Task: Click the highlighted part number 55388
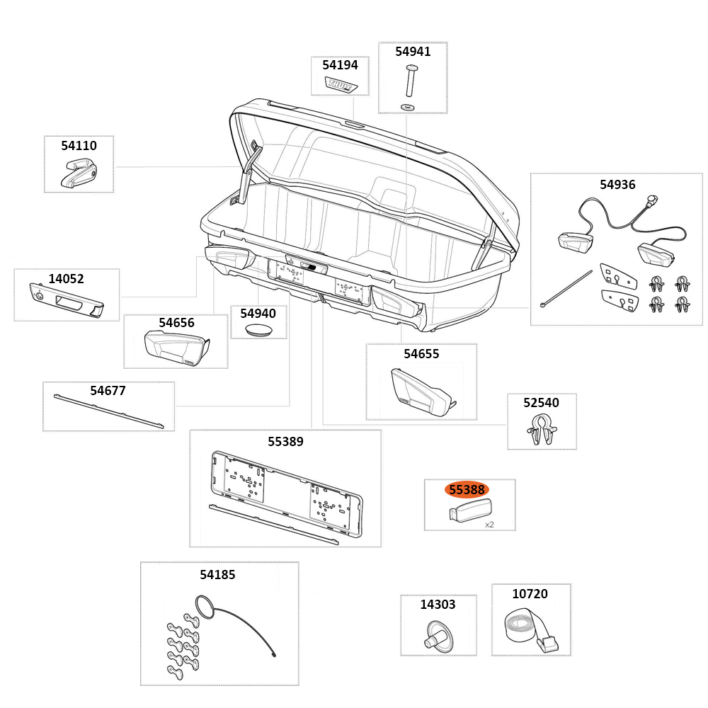[x=467, y=489]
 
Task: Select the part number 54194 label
[x=340, y=64]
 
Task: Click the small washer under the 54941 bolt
[x=408, y=106]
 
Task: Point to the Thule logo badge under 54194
[x=341, y=85]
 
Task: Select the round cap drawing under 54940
[x=258, y=329]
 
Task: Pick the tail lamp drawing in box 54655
[x=422, y=393]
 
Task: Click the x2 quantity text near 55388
[x=489, y=525]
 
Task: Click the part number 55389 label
[x=285, y=442]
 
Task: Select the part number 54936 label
[x=617, y=185]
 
